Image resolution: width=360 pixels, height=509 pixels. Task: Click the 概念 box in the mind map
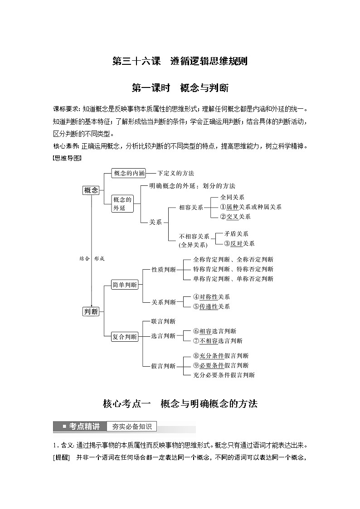coord(91,190)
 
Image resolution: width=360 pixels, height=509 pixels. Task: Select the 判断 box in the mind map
coord(91,311)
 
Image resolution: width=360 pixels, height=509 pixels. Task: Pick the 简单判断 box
coord(125,285)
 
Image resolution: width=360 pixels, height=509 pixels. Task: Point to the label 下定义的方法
coord(176,173)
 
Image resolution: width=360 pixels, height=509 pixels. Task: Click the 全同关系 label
coord(232,197)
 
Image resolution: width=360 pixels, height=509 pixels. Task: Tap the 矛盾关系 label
coord(236,233)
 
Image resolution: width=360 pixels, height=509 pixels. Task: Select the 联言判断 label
coord(163,321)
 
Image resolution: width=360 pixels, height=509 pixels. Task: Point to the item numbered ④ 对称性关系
coord(211,297)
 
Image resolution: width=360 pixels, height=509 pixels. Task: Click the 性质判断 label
coord(164,269)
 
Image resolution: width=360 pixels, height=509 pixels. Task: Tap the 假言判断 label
coord(163,366)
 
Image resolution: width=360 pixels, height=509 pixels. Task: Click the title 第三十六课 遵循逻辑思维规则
coord(180,61)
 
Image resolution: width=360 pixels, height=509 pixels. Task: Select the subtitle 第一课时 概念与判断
coord(180,87)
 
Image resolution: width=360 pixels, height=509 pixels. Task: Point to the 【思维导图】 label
coord(67,158)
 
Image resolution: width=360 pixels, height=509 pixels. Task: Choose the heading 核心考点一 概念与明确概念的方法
coord(180,403)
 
